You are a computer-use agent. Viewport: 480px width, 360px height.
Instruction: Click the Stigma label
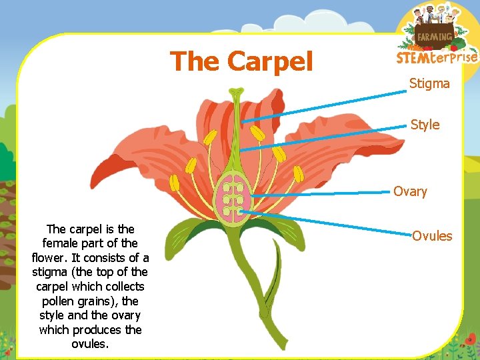[x=429, y=84]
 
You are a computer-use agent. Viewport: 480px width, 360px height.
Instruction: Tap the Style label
[x=425, y=125]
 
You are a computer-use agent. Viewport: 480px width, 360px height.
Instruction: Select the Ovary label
[x=409, y=192]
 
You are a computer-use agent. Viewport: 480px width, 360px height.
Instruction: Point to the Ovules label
[x=431, y=236]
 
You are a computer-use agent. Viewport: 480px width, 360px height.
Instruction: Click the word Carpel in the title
[x=270, y=61]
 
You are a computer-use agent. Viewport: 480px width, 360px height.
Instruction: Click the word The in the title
[x=195, y=61]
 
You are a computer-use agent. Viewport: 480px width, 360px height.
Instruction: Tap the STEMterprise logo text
[x=437, y=57]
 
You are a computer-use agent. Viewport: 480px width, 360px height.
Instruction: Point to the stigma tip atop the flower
[x=236, y=92]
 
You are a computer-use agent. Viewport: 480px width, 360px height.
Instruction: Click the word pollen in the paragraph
[x=61, y=301]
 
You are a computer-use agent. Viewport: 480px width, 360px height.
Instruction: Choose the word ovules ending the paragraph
[x=90, y=344]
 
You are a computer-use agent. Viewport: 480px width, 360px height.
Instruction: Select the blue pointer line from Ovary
[x=320, y=193]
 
